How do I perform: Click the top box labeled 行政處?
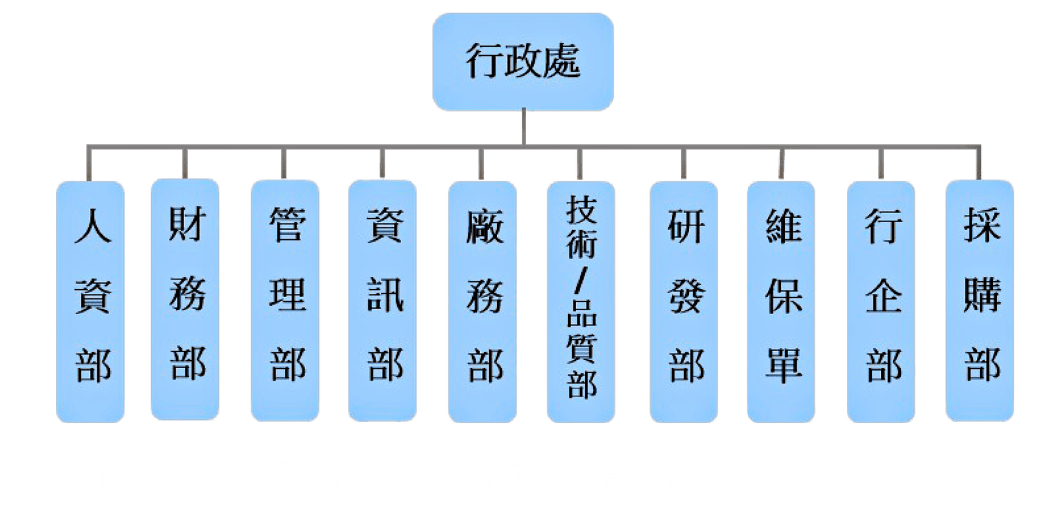tap(523, 61)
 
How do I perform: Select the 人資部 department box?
tap(91, 302)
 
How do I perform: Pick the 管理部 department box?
tap(286, 302)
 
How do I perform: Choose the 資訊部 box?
tap(383, 302)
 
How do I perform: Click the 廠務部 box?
tap(483, 302)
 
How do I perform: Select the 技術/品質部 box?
tap(581, 302)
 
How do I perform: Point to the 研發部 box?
tap(684, 302)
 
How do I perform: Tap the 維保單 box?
tap(782, 302)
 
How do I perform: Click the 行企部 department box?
tap(882, 302)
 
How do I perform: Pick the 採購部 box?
tap(980, 302)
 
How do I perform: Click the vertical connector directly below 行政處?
tap(523, 126)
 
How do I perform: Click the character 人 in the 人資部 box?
tap(91, 227)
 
